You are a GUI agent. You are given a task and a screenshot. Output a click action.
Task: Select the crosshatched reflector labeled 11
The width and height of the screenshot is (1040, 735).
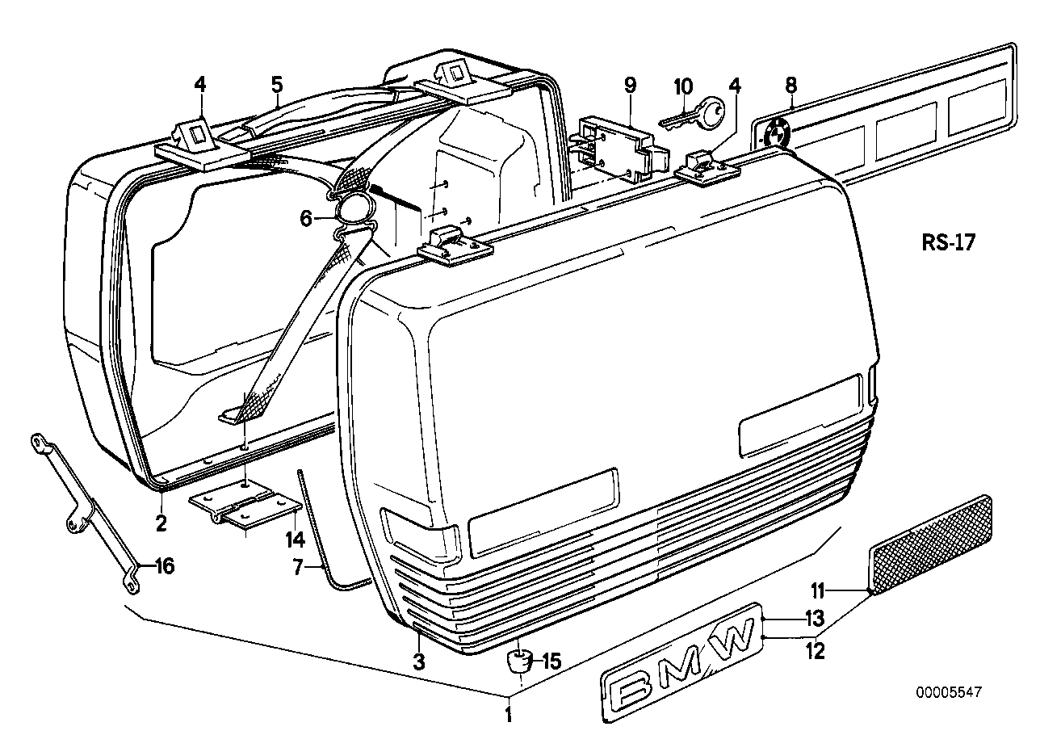(932, 544)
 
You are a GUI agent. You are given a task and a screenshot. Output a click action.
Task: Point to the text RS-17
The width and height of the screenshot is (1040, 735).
(947, 242)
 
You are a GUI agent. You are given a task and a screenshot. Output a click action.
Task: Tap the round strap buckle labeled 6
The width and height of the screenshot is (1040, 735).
(356, 209)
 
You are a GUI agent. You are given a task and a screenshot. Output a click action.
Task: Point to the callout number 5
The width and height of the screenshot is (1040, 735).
(277, 84)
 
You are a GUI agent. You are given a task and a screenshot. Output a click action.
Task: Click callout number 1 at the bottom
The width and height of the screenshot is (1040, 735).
(508, 713)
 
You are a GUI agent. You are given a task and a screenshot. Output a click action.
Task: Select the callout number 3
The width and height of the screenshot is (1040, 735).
(418, 662)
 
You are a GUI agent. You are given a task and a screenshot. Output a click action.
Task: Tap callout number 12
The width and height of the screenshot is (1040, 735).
(816, 650)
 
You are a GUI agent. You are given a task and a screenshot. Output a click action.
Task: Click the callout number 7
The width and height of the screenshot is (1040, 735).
(296, 569)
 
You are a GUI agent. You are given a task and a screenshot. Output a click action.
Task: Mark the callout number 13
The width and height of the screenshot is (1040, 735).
(813, 619)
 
